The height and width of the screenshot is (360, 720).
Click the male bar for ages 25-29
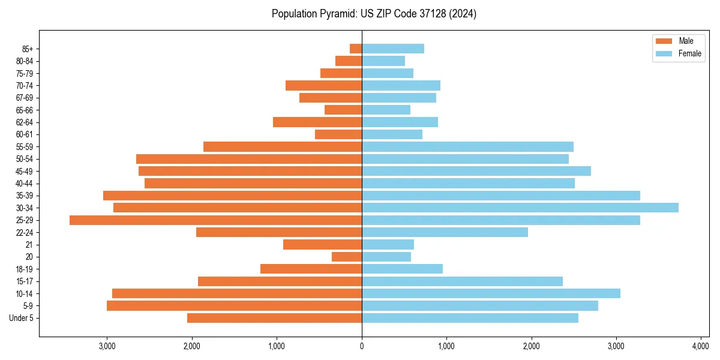(216, 220)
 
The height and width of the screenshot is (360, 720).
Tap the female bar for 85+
(393, 49)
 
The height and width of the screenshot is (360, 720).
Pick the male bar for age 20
(347, 257)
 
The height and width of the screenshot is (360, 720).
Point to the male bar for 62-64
(317, 122)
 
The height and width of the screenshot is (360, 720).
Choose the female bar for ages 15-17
(462, 281)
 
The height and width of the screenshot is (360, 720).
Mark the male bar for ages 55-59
(283, 147)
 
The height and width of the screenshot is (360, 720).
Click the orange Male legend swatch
(664, 41)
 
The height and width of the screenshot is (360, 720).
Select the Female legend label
(690, 53)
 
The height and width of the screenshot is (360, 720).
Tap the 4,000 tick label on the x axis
(701, 347)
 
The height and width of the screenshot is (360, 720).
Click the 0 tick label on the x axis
(362, 347)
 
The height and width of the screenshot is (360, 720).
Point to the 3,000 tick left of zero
(107, 347)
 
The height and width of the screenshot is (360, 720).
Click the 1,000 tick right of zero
(446, 347)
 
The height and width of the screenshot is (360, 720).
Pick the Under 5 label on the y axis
(22, 318)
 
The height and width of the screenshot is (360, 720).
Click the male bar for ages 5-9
(234, 306)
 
